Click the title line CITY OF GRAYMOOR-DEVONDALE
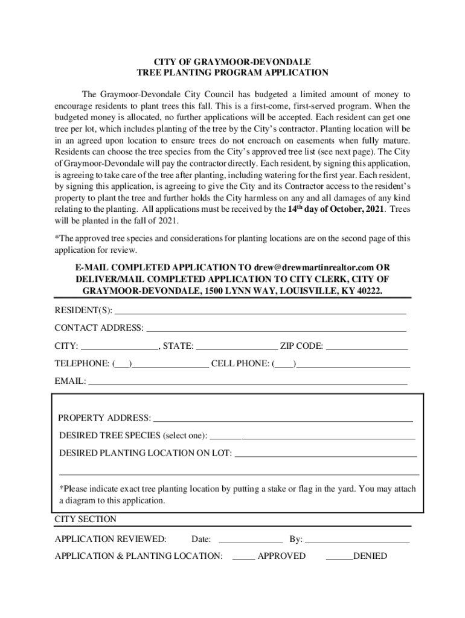coord(232,62)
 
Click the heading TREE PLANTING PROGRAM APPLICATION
coord(232,72)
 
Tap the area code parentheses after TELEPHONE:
coord(123,364)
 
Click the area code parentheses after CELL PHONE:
coord(284,364)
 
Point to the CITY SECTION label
coord(86,519)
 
